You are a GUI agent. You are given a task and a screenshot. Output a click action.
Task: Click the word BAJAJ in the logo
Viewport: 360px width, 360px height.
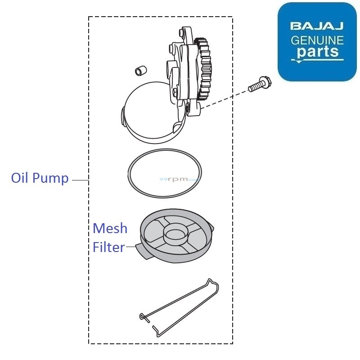tap(317, 25)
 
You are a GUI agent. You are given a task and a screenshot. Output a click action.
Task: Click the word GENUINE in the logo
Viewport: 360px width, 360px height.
tap(317, 40)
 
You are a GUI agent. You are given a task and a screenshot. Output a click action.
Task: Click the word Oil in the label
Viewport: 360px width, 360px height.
tap(20, 178)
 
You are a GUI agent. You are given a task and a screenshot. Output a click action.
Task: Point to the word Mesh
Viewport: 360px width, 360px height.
tap(110, 229)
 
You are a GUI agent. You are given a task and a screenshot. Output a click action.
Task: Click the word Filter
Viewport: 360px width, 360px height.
tap(108, 247)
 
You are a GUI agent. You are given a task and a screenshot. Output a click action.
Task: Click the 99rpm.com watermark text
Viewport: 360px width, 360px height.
tap(180, 179)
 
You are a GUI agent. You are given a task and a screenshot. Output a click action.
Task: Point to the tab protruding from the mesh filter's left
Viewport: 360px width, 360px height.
tap(144, 251)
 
